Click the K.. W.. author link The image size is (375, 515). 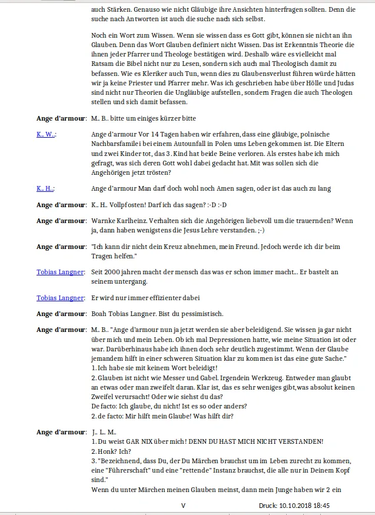point(45,134)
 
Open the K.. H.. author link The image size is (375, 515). point(45,188)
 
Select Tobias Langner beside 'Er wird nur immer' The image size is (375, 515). point(60,298)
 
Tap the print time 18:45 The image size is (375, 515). point(321,505)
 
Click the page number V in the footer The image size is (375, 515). point(183,505)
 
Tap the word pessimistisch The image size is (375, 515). point(195,313)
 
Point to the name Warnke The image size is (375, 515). point(105,221)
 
